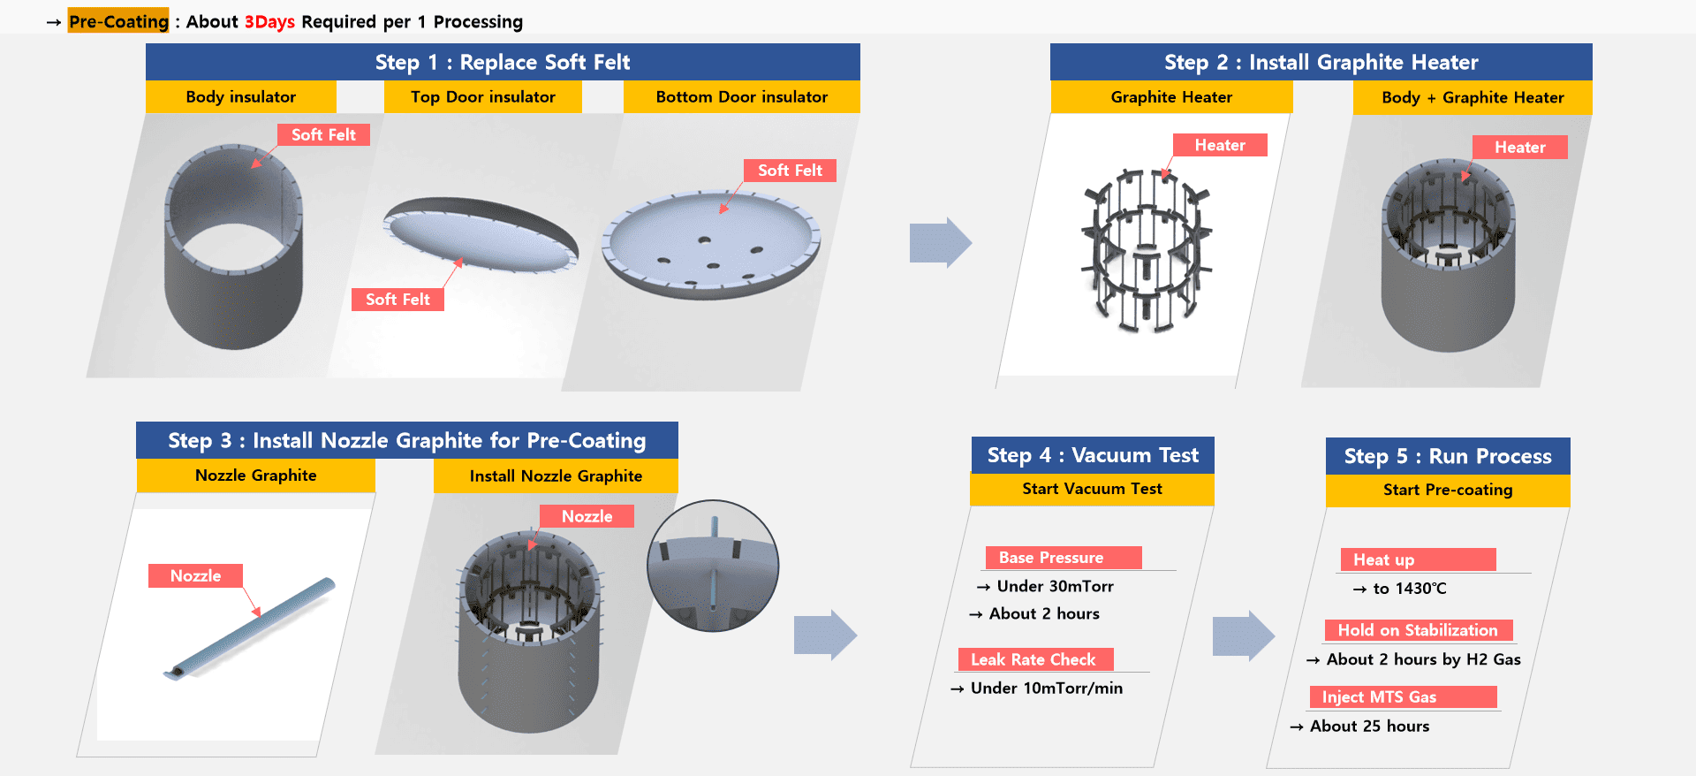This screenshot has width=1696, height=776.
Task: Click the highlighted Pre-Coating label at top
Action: (x=118, y=21)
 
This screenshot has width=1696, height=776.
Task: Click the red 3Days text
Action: (x=269, y=21)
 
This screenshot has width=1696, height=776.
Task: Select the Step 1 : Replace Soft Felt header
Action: (x=502, y=62)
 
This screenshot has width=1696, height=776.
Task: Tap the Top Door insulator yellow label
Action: (x=482, y=97)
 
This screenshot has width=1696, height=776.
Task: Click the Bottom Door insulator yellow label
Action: (x=741, y=97)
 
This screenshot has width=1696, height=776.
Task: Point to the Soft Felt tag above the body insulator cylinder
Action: (x=323, y=134)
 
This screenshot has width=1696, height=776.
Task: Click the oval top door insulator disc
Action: (x=481, y=234)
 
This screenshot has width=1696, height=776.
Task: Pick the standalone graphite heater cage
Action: (x=1147, y=250)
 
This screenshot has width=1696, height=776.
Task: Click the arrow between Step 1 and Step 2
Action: (x=940, y=242)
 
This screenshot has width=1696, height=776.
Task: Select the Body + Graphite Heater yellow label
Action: (x=1472, y=97)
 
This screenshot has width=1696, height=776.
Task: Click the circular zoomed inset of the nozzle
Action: (x=713, y=566)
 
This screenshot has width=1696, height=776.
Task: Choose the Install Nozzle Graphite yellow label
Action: (x=556, y=475)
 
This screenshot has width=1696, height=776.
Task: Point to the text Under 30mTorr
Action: (x=1055, y=586)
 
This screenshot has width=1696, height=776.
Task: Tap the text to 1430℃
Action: (x=1409, y=589)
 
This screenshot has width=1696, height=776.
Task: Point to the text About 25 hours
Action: (x=1369, y=727)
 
